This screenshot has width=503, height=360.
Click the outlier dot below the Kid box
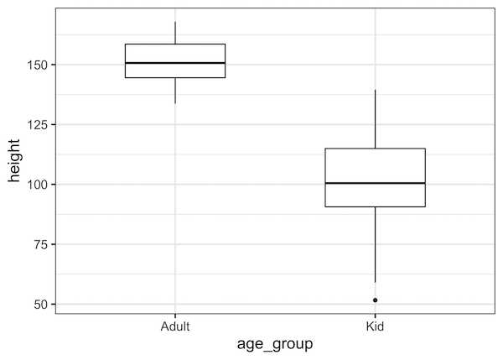[x=375, y=300]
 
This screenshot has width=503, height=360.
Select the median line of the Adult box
[x=175, y=63]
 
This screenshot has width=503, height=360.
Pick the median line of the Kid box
[x=375, y=183]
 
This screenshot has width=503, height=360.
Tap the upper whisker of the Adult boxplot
[x=175, y=33]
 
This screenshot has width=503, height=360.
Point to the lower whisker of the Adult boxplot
[x=175, y=91]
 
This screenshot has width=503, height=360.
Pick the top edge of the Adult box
[x=175, y=44]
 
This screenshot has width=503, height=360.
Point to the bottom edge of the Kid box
[x=375, y=206]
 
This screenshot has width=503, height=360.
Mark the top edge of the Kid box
[x=375, y=149]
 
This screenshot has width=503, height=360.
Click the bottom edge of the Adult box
[x=175, y=77]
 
